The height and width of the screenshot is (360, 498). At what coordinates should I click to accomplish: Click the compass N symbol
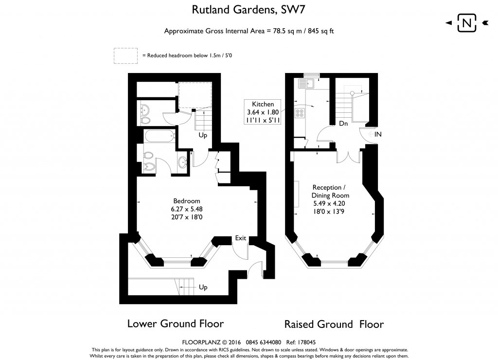click(467, 23)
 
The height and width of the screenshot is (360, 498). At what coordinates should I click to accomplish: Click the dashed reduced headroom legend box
click(125, 55)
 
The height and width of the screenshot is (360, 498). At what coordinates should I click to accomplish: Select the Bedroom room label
click(187, 201)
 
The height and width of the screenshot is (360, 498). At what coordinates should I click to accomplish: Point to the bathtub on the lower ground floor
click(159, 136)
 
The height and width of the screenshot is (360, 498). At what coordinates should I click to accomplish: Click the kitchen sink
click(309, 84)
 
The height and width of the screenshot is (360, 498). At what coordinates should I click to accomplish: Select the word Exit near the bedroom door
click(241, 238)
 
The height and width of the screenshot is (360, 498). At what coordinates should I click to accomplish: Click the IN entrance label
click(378, 134)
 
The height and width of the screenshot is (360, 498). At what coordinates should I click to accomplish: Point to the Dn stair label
click(343, 124)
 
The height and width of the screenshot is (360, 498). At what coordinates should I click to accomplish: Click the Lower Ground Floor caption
click(175, 324)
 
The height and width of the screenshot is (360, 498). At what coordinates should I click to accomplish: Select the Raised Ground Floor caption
click(334, 324)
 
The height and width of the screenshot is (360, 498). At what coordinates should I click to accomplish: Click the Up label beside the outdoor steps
click(203, 288)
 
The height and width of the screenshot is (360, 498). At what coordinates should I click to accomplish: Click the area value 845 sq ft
click(319, 31)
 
